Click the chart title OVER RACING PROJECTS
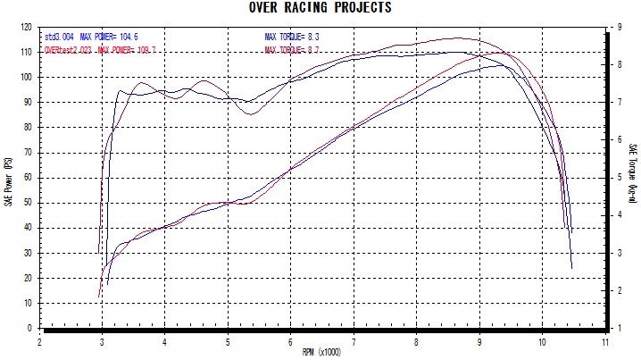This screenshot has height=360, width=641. click(x=320, y=8)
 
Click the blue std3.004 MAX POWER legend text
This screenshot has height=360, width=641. click(x=90, y=38)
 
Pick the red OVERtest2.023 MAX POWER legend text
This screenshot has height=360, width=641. click(x=100, y=50)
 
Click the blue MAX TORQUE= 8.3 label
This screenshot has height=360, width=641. click(x=292, y=38)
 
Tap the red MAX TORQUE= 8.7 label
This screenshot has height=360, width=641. click(x=292, y=50)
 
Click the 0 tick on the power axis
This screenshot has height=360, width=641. click(x=32, y=329)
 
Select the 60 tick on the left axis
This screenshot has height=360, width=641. click(x=29, y=178)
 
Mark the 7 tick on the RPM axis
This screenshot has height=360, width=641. click(x=354, y=340)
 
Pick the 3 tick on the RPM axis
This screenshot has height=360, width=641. click(x=103, y=340)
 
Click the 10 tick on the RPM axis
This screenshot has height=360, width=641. click(x=542, y=340)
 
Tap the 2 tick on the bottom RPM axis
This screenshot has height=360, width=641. click(x=40, y=340)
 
